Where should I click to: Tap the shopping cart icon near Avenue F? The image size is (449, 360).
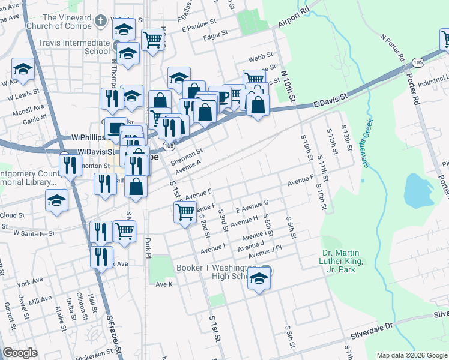coord(185,211)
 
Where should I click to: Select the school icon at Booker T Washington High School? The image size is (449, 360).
coord(259,278)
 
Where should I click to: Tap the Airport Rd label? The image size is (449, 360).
coord(293,19)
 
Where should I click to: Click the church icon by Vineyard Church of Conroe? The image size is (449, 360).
coord(101,21)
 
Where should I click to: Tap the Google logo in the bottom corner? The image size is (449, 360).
coord(20,352)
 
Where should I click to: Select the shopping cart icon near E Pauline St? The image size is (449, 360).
coord(153,40)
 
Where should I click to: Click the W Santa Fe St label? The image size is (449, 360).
coord(34,232)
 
